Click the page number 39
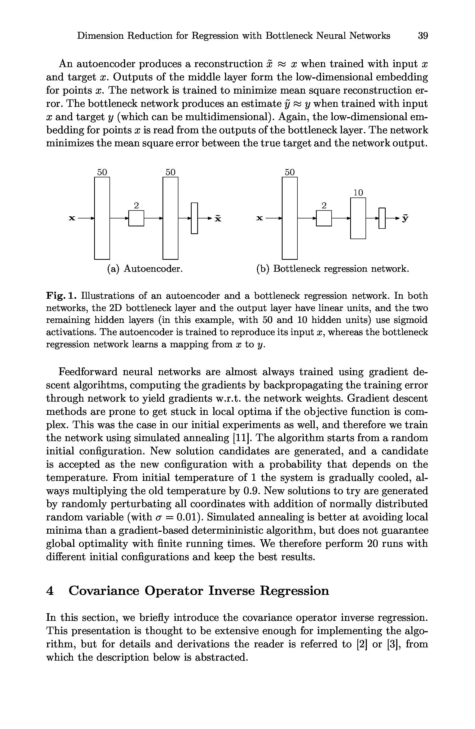pos(423,36)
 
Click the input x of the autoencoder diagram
pos(72,218)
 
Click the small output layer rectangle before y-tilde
pos(382,218)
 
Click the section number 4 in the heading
pos(50,591)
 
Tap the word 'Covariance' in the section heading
pos(104,591)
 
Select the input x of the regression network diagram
pos(260,218)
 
